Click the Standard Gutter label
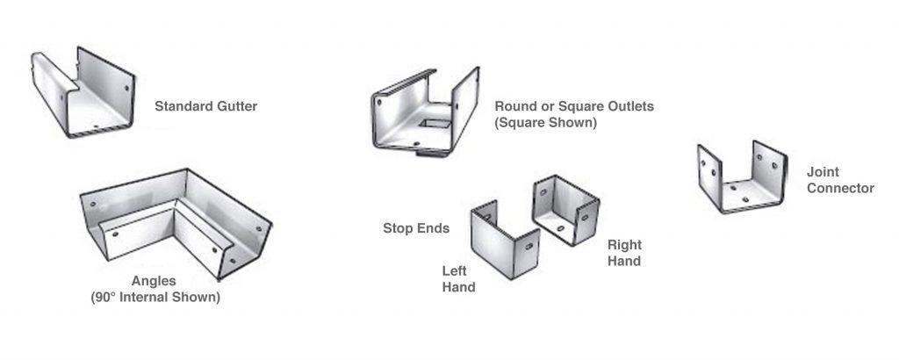[x=205, y=107]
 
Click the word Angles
[x=154, y=282]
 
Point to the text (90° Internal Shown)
[x=155, y=298]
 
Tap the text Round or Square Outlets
[x=574, y=106]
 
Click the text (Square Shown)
[x=545, y=123]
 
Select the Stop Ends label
[x=416, y=228]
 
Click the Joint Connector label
[x=839, y=180]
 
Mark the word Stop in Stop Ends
[x=398, y=228]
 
